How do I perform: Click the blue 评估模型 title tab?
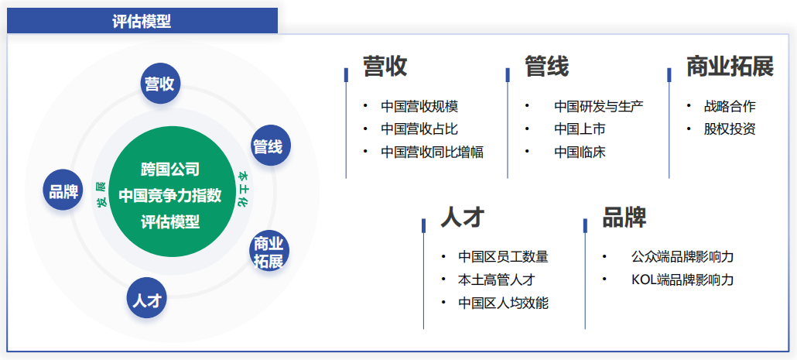click(x=142, y=21)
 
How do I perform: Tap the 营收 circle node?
click(x=160, y=84)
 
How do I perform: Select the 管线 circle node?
click(x=268, y=146)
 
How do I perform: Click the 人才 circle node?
click(x=147, y=299)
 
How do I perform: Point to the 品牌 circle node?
click(x=63, y=192)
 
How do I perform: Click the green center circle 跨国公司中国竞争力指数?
click(x=170, y=195)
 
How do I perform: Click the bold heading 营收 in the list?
click(x=385, y=67)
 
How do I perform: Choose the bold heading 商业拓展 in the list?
click(x=730, y=67)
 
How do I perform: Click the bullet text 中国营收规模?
click(x=419, y=107)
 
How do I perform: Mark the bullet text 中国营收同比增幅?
click(x=432, y=152)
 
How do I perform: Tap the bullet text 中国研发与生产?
click(x=599, y=107)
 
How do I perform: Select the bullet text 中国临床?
click(x=580, y=152)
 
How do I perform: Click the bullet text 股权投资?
click(x=730, y=129)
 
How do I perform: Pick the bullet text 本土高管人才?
click(x=496, y=279)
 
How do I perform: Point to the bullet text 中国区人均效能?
click(x=503, y=303)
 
